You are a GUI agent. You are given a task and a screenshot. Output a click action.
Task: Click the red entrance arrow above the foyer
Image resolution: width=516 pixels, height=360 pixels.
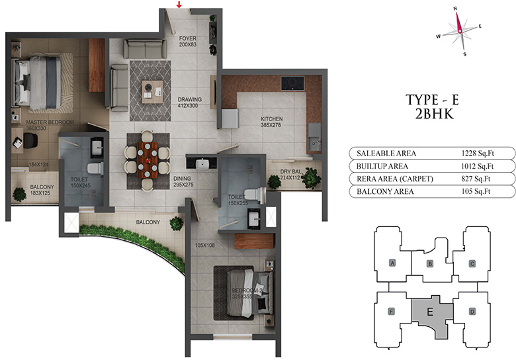(179, 5)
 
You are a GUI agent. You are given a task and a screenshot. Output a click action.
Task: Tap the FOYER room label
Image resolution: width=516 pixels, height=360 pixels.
(188, 38)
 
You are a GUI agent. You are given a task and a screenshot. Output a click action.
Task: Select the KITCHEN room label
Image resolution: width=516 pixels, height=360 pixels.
(271, 119)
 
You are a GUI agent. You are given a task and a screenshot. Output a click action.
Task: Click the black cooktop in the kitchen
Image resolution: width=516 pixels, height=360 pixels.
(292, 83)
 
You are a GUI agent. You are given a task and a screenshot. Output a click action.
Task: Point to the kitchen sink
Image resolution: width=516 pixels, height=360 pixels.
(314, 137)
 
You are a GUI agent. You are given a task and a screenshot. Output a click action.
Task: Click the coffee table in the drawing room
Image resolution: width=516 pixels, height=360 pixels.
(152, 92)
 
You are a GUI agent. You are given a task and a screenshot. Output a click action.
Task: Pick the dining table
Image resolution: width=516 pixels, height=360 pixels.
(147, 160)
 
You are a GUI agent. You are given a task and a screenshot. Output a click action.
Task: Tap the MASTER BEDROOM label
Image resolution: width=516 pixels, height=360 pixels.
(50, 122)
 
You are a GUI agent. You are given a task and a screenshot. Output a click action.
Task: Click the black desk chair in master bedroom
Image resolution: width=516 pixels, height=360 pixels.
(30, 141)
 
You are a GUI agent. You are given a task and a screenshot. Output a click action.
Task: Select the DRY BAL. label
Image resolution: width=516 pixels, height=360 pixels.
(290, 172)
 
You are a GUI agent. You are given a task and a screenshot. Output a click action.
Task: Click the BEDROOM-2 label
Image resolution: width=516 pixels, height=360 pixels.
(247, 291)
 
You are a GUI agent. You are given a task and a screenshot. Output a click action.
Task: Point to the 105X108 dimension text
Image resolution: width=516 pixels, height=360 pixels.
(204, 245)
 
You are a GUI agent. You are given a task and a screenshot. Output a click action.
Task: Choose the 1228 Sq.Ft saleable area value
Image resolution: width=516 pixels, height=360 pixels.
(478, 153)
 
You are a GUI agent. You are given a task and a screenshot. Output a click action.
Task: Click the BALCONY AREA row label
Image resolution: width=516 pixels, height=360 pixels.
(385, 191)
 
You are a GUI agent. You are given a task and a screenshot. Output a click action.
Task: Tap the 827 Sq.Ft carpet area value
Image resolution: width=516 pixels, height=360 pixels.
(476, 179)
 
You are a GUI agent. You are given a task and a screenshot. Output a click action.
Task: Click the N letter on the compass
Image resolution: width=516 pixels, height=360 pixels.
(455, 8)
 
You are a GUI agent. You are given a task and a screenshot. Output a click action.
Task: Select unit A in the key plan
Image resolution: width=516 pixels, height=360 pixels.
(392, 263)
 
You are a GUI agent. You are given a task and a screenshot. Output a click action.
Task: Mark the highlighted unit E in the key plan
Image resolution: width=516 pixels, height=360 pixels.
(430, 312)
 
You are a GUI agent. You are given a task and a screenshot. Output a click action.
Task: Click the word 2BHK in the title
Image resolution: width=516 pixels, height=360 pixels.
(435, 114)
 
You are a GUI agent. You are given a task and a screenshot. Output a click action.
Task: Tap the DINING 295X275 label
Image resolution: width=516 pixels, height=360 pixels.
(183, 181)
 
